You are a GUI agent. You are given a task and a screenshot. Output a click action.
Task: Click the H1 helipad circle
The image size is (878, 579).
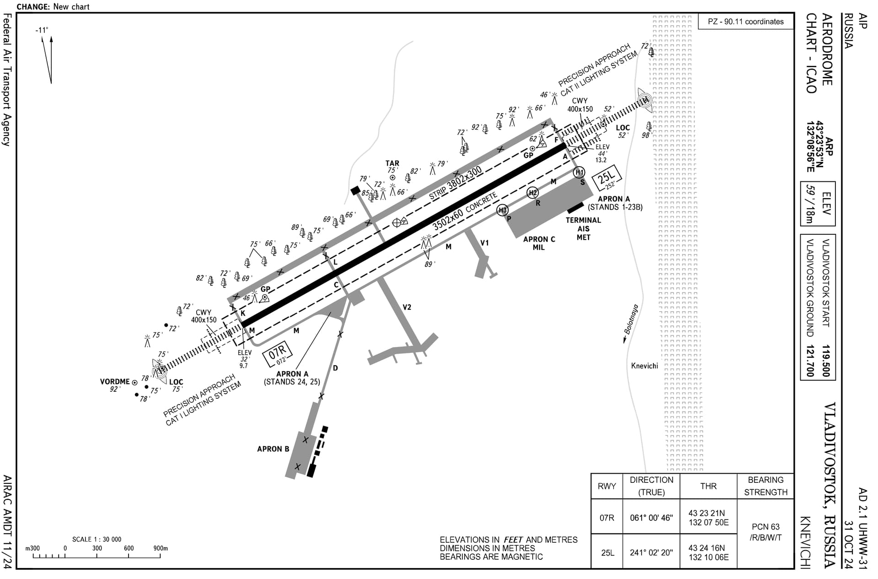(x=579, y=172)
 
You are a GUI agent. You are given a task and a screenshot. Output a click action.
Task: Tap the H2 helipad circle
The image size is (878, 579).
(x=533, y=193)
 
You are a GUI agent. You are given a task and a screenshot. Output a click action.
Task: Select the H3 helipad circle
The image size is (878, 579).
(x=503, y=210)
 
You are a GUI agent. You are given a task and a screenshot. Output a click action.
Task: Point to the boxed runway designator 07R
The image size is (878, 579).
(x=277, y=354)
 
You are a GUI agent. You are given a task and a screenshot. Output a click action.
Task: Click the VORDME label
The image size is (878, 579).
(x=115, y=381)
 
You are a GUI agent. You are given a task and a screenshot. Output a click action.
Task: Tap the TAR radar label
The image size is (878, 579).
(x=392, y=163)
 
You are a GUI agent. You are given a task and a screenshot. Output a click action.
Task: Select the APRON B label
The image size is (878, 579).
(x=273, y=449)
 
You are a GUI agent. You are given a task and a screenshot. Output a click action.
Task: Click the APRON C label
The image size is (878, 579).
(x=539, y=239)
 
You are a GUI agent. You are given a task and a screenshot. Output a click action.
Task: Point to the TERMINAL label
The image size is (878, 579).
(x=584, y=220)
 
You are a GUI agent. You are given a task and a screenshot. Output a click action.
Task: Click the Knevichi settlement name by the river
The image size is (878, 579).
(x=644, y=366)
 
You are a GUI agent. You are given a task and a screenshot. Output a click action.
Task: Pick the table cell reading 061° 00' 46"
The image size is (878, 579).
(x=651, y=518)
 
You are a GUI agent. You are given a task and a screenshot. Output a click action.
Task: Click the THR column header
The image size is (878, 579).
(x=708, y=486)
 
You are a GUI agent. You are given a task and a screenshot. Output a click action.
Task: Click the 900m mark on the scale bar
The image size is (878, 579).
(x=161, y=556)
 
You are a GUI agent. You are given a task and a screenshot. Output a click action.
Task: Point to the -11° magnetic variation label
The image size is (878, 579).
(x=42, y=30)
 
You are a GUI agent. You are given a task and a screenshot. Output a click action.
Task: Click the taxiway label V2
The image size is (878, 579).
(x=407, y=307)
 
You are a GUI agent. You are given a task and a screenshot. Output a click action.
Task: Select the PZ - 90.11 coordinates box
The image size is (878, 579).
(x=746, y=22)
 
